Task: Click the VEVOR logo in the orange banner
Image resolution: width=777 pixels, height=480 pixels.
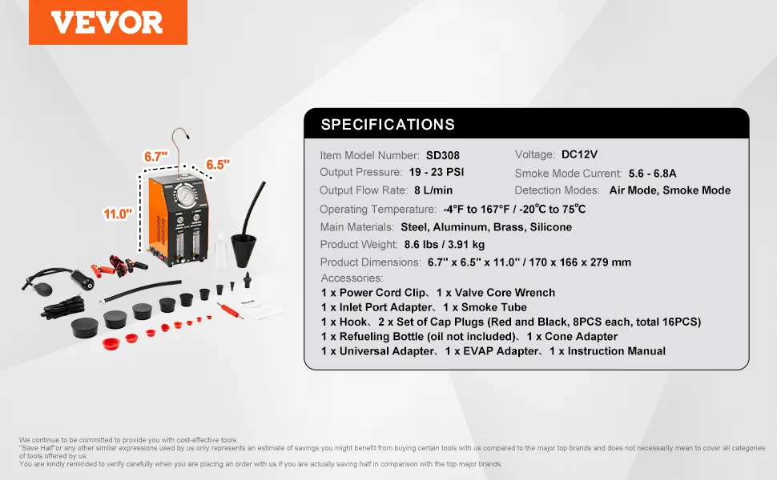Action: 107,22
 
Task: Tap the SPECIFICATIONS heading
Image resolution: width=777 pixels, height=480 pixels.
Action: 388,124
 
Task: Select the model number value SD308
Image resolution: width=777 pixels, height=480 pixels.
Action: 442,155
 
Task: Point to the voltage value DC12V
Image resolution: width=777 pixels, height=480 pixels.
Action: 579,154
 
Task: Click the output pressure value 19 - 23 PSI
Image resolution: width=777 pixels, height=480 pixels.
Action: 437,172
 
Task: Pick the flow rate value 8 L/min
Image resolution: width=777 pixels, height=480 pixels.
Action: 433,190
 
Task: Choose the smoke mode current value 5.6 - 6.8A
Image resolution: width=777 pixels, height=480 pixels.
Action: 652,173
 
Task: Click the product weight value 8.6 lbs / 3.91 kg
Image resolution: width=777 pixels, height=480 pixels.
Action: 444,245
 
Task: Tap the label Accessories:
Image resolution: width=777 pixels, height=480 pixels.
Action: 352,278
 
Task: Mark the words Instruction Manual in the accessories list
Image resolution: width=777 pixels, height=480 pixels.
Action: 617,351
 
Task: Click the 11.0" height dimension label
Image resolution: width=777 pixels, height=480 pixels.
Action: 118,214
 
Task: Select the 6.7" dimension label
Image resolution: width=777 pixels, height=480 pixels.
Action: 155,156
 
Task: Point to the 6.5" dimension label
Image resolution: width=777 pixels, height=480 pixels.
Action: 218,164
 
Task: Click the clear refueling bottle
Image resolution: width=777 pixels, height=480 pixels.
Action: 219,251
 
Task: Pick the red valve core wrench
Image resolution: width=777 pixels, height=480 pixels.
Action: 231,310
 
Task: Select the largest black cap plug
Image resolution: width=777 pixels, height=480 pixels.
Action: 85,327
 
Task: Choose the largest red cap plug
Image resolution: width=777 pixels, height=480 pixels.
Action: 111,342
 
